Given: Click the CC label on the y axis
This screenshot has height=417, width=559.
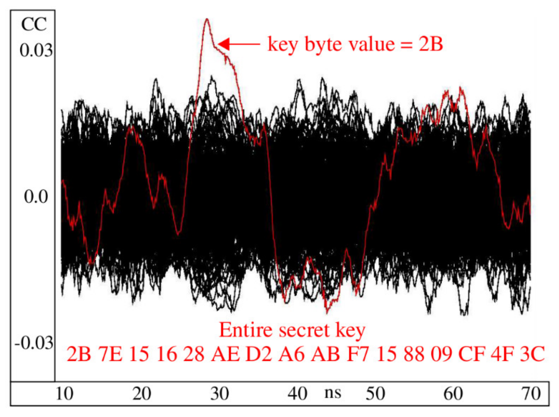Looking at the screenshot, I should [x=34, y=25].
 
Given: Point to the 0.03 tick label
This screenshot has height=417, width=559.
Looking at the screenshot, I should [x=36, y=50].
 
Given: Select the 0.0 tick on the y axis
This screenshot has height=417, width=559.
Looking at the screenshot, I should [x=36, y=197].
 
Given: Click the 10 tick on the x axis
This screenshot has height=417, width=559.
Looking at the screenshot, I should [x=64, y=394].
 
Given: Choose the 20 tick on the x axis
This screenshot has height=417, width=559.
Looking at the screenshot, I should [x=142, y=394].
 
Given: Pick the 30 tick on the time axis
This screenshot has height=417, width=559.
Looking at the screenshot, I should [x=220, y=394].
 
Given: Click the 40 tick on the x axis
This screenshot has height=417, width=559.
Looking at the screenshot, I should [x=297, y=394].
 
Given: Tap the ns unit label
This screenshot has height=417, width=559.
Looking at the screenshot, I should [x=333, y=393].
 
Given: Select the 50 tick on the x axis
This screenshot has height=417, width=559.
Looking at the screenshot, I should [x=375, y=394].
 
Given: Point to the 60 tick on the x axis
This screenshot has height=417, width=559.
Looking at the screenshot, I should [x=453, y=394].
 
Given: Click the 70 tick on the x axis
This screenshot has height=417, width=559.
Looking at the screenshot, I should [x=531, y=394].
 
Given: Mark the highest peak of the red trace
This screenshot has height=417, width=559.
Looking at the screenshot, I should [x=207, y=19].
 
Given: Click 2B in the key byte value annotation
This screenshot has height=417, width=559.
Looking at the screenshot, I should [x=431, y=44].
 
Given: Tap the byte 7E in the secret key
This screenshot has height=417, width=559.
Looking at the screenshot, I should [x=110, y=354].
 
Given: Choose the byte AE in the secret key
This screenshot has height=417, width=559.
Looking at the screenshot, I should [x=225, y=354].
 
